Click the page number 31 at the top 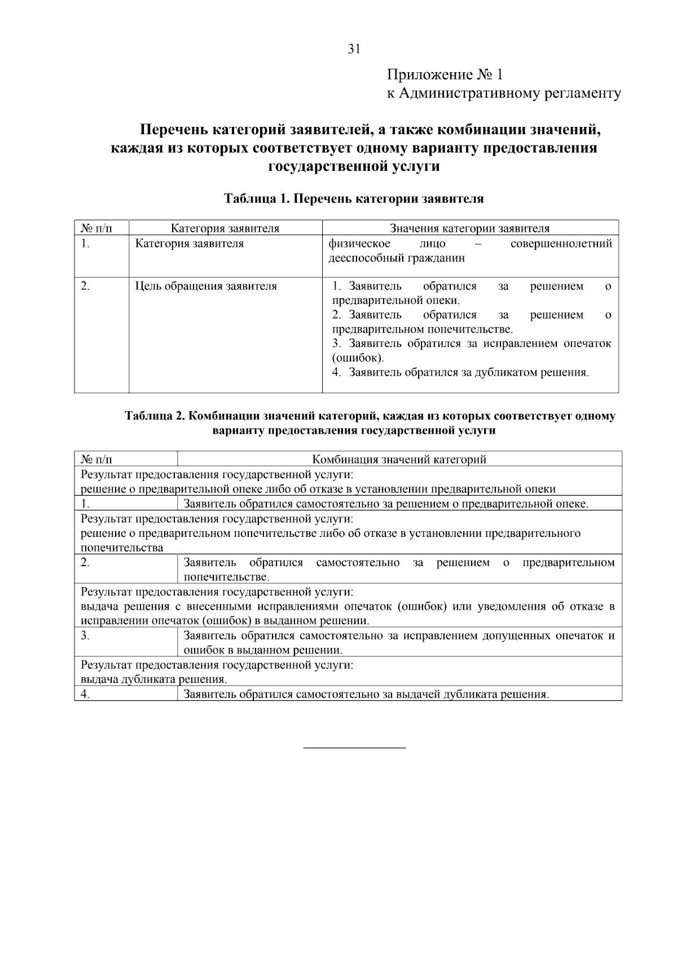(354, 49)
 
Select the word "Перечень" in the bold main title (173, 130)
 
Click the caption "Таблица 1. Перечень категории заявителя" (354, 199)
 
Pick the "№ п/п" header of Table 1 (96, 228)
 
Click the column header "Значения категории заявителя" (469, 228)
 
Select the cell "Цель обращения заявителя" (206, 286)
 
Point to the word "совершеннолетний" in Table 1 (561, 244)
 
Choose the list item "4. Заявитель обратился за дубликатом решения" (460, 373)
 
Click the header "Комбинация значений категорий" (399, 460)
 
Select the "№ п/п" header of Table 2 (96, 460)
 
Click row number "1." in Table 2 (85, 504)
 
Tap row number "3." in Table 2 (85, 636)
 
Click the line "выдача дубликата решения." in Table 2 (154, 680)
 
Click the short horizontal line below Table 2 (354, 748)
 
